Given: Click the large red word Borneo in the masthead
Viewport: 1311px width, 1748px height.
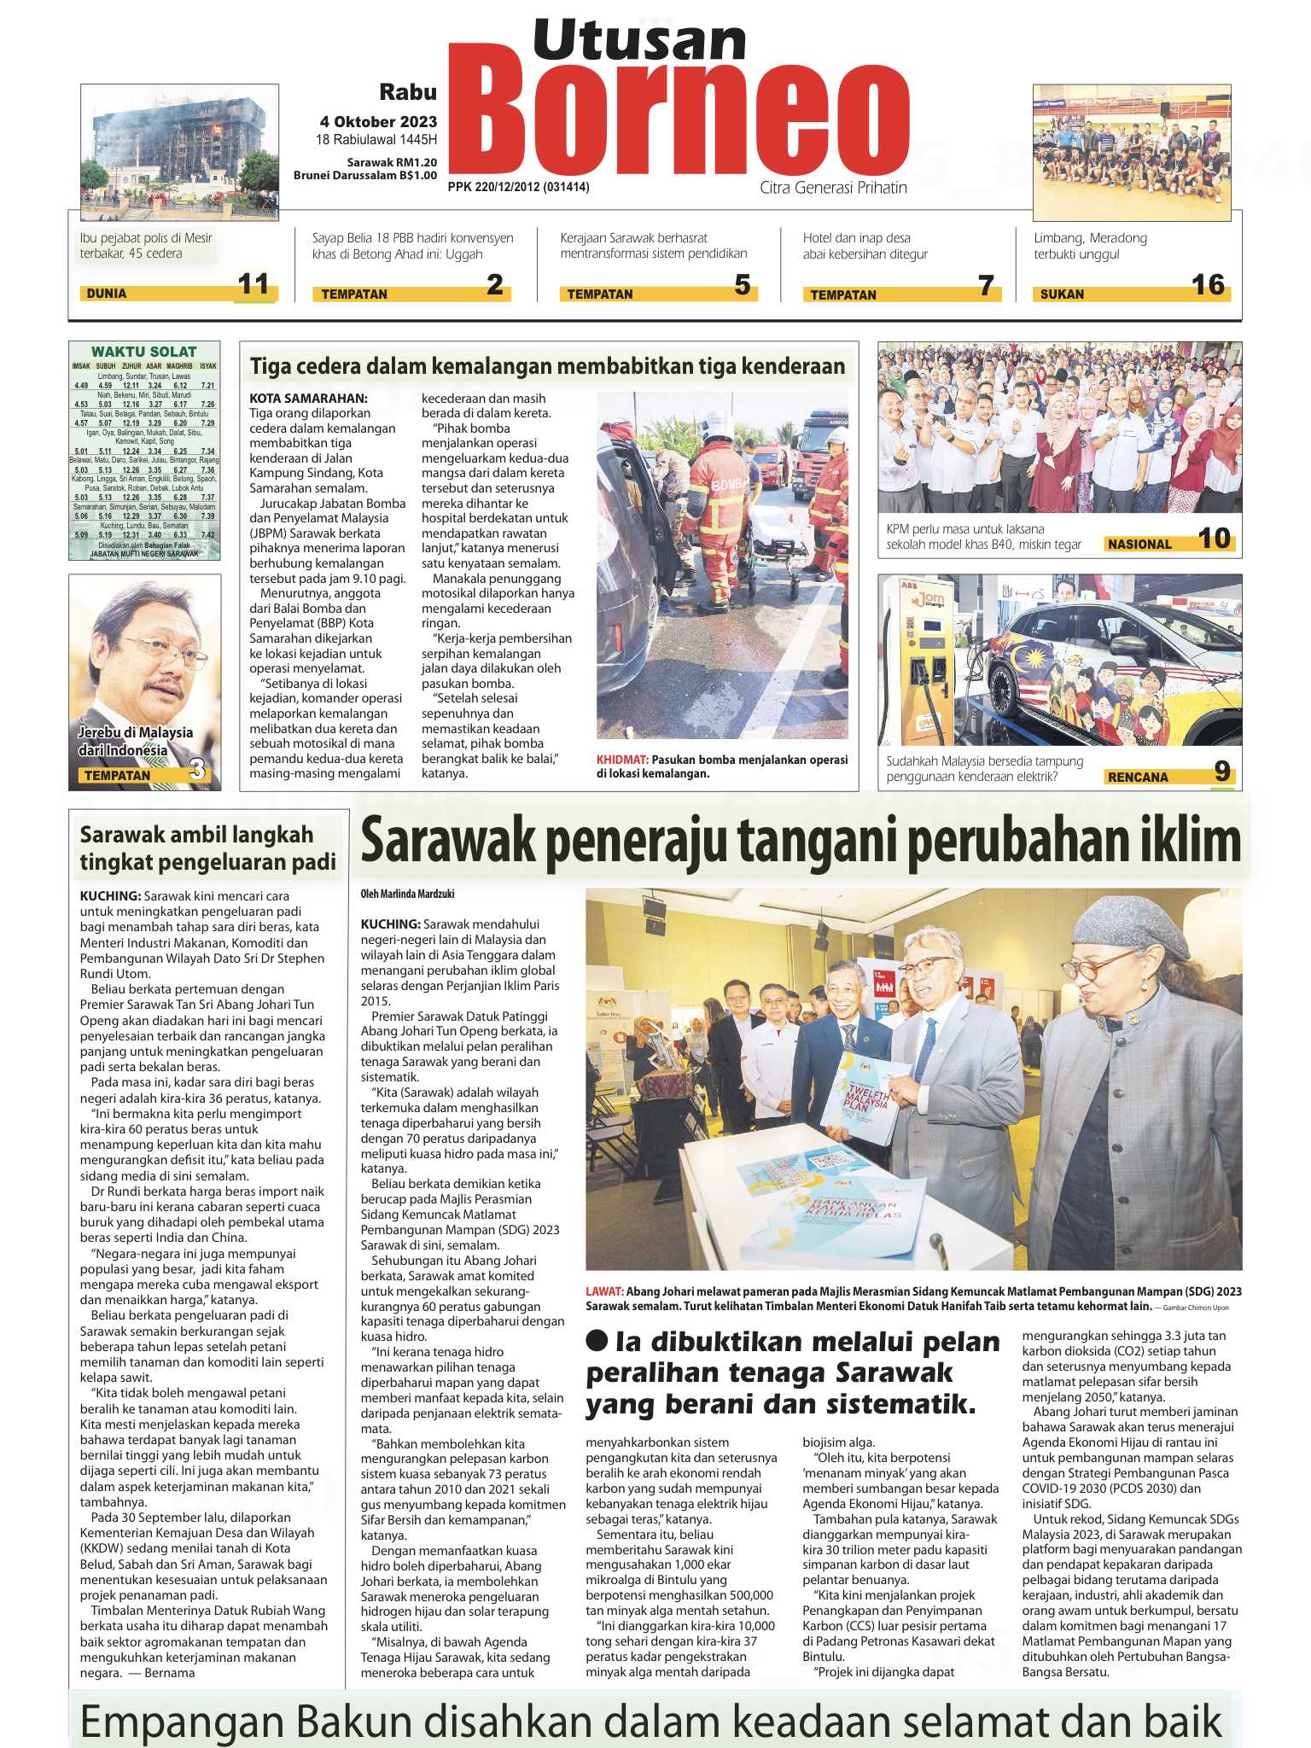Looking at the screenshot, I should [x=679, y=125].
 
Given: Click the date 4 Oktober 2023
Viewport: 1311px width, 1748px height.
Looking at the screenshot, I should [x=378, y=121].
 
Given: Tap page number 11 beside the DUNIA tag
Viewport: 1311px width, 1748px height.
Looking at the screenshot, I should [x=253, y=284].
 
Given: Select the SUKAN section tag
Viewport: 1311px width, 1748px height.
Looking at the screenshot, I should [x=1062, y=294].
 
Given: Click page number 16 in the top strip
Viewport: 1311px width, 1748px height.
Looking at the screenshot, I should [x=1208, y=285].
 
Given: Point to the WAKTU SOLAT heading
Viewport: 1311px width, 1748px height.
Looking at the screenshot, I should [x=143, y=352].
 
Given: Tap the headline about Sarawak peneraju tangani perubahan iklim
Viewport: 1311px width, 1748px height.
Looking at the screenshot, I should [x=801, y=841].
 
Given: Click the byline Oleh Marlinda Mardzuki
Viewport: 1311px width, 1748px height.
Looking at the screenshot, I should [x=407, y=894].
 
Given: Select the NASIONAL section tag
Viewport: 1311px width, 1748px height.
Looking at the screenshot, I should [x=1139, y=544].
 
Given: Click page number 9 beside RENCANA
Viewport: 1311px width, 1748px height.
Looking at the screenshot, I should [x=1221, y=772].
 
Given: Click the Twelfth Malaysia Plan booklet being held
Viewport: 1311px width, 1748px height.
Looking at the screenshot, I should [x=860, y=1097].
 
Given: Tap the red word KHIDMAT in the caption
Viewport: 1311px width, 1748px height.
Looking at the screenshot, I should [x=622, y=760].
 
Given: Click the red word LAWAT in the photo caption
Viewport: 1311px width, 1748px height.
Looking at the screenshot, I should [x=604, y=1291].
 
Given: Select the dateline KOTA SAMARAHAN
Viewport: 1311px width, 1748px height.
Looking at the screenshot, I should [x=308, y=399].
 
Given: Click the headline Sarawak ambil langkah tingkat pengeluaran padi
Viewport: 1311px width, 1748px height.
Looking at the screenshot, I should [x=207, y=848].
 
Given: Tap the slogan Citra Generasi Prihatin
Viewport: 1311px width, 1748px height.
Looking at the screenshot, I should [x=833, y=188].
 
